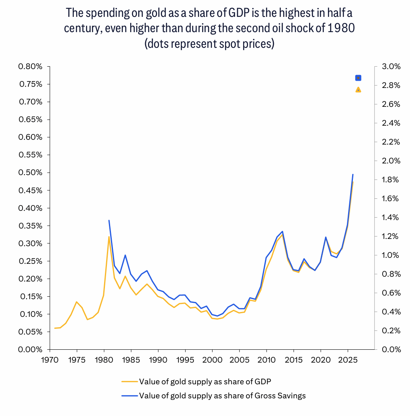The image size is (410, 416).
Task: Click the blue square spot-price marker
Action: pos(358,78)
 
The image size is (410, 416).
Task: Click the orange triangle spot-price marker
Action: pos(358,90)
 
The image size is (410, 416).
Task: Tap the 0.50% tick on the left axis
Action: pos(31,173)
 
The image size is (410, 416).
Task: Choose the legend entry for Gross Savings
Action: pos(222,396)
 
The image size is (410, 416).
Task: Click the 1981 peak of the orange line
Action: pos(109,237)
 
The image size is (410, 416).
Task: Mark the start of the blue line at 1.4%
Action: pos(109,220)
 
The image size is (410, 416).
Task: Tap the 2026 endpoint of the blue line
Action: pos(353,175)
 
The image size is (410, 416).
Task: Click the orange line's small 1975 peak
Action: pos(76,302)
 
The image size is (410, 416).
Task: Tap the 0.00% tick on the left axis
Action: pos(31,349)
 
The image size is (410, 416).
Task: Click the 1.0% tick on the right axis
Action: pos(391,255)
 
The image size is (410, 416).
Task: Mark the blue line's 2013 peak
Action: pos(283,232)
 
